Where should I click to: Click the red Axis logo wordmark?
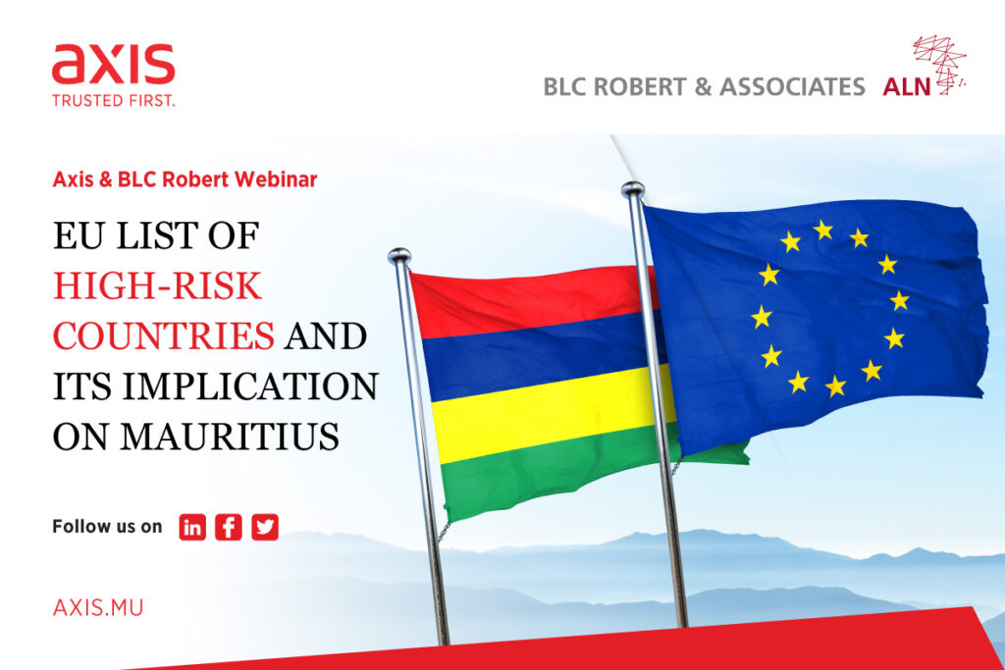click(114, 64)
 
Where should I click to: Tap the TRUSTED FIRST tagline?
click(114, 101)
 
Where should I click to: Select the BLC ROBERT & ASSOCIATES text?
click(704, 87)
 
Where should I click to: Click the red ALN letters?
click(906, 87)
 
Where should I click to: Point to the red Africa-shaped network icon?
click(940, 64)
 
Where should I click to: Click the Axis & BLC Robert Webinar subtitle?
click(185, 180)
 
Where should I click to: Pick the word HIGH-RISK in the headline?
click(157, 285)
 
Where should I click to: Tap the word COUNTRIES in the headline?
click(164, 336)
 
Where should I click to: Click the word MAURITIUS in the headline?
click(230, 437)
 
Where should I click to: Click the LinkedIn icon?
click(192, 527)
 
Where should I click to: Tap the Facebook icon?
click(228, 527)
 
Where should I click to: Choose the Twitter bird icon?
click(265, 527)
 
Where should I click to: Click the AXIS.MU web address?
click(98, 607)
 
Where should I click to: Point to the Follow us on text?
click(107, 527)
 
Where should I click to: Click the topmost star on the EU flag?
click(823, 230)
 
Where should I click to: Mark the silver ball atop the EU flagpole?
click(633, 189)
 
